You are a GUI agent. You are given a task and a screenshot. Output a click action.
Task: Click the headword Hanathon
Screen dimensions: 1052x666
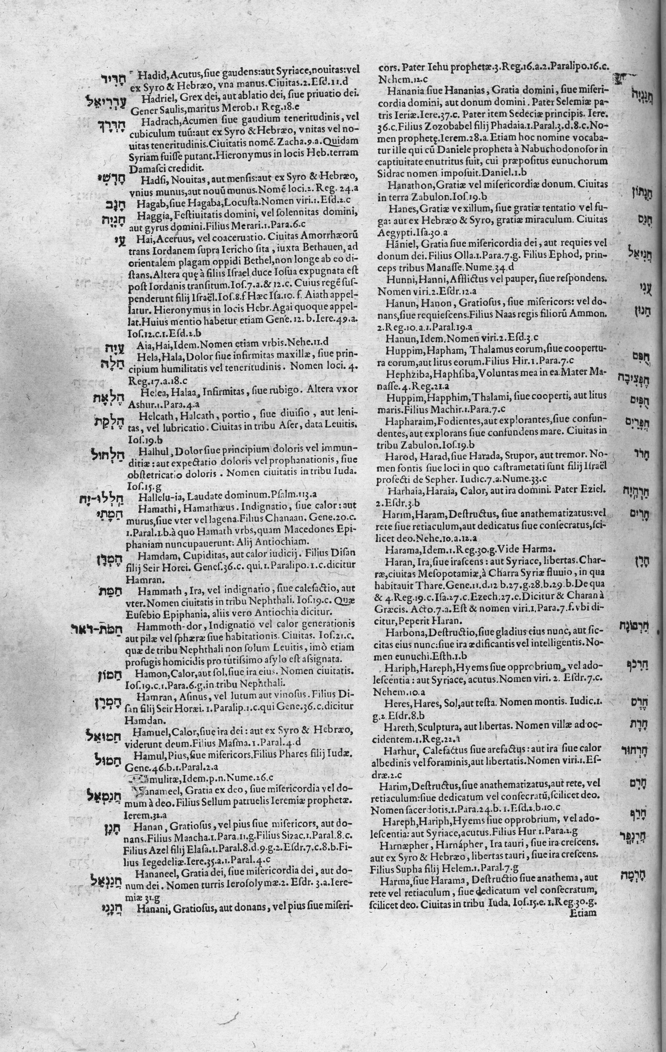404,185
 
